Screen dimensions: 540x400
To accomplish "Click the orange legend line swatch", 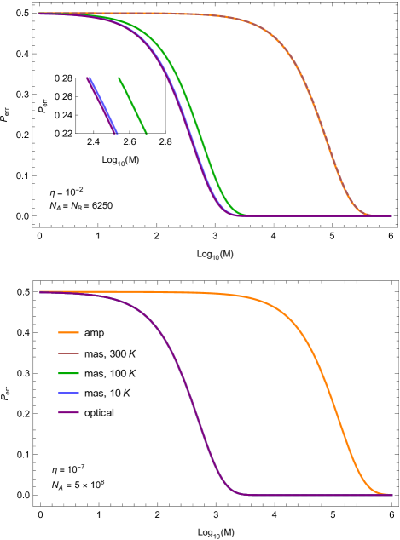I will click(x=68, y=332).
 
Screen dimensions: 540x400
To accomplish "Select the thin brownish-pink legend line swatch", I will click(x=68, y=353).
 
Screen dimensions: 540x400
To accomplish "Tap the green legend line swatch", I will click(x=68, y=373).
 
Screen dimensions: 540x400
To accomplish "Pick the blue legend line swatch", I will click(x=68, y=393).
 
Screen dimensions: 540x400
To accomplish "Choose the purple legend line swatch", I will click(x=68, y=412).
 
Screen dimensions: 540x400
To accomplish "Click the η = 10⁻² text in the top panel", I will click(x=67, y=192).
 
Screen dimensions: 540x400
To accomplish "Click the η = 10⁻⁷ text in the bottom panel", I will click(x=67, y=469).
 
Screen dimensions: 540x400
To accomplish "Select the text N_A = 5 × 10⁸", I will click(x=78, y=485).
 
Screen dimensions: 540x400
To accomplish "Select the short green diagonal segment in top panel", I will click(x=132, y=105).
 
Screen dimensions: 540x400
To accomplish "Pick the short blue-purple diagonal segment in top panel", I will click(x=101, y=105).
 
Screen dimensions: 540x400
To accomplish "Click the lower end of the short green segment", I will click(x=146, y=132).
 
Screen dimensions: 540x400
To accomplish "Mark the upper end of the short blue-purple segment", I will click(x=88, y=78).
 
